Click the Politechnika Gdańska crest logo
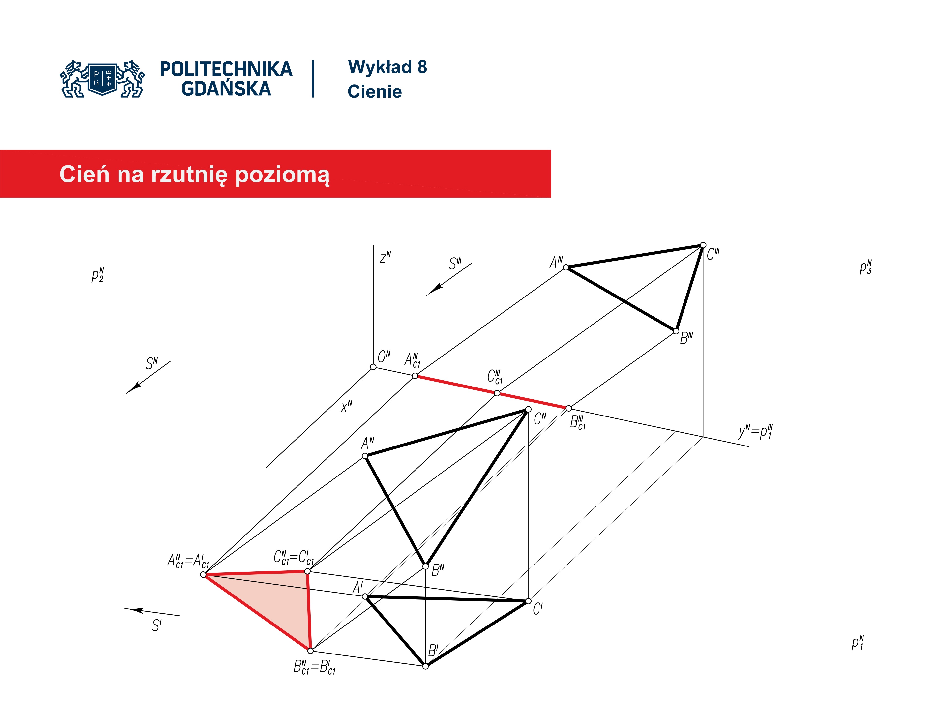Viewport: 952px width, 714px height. (102, 78)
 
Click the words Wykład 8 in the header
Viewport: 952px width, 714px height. (387, 67)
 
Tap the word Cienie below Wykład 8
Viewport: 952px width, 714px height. (374, 92)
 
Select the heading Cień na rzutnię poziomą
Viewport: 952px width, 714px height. (195, 175)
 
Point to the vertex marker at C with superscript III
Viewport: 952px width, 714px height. (703, 245)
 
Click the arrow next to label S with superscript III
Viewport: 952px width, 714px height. (449, 279)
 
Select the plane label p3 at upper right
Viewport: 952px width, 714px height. (865, 267)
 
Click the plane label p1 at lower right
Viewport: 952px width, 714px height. (858, 643)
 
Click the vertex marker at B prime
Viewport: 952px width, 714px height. (425, 666)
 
